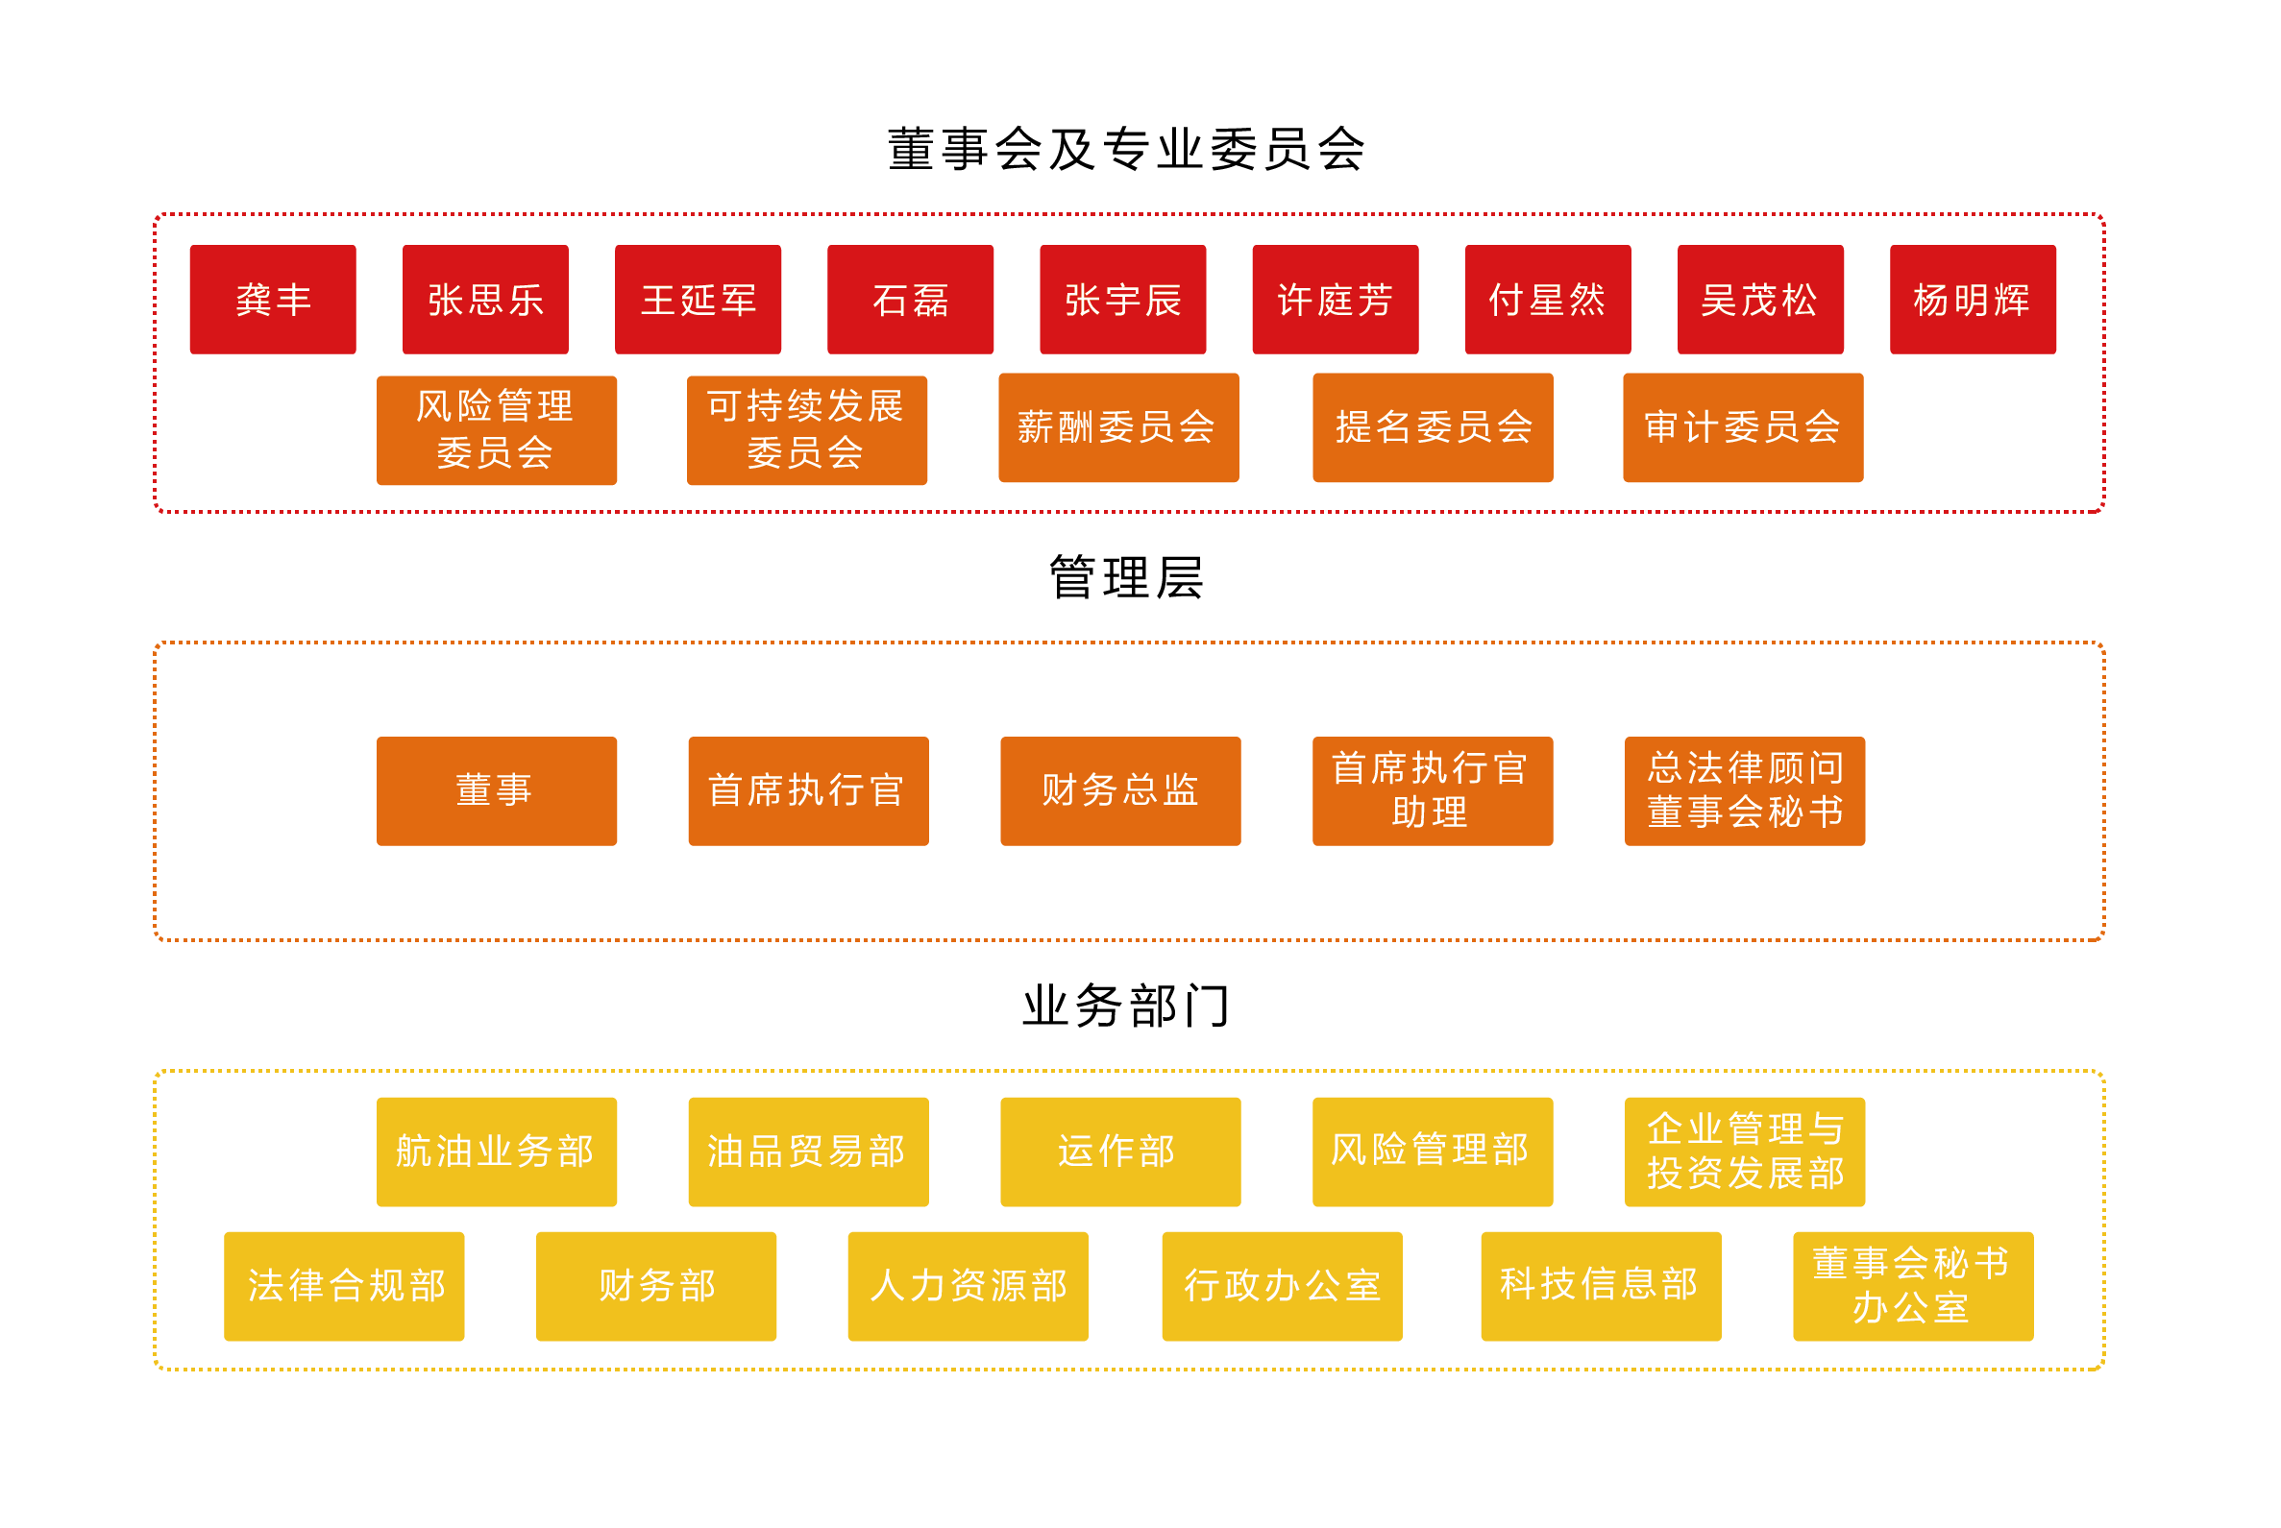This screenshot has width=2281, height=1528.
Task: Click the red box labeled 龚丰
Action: coord(272,300)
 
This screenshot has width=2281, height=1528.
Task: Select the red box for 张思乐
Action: coord(484,300)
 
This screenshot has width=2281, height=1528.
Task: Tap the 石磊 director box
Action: coord(910,300)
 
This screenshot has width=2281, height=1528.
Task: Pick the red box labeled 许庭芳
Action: coord(1335,300)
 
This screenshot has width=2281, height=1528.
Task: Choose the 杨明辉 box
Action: coord(1972,300)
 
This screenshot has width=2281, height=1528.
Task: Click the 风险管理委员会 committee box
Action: coord(496,429)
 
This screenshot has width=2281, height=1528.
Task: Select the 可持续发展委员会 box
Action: coord(806,429)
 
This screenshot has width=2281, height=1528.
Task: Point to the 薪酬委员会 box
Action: coord(1118,426)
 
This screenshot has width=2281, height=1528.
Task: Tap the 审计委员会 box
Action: coord(1742,426)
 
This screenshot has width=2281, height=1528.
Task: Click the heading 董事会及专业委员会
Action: coord(1126,149)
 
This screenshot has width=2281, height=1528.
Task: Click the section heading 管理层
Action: coord(1126,577)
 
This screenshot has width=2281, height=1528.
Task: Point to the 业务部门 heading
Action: coord(1126,1005)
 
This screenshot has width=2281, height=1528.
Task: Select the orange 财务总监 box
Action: coord(1120,790)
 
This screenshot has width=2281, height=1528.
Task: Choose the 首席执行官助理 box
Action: coord(1432,790)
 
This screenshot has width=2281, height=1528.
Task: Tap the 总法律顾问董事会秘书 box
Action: coord(1744,790)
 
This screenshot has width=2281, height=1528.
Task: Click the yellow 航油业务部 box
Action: coord(496,1151)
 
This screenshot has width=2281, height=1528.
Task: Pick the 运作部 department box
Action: coord(1120,1151)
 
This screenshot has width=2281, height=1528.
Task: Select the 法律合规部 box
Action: coord(344,1285)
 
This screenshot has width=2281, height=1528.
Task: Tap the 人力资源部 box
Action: coord(967,1285)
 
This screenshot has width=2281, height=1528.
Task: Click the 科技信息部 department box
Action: coord(1600,1285)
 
